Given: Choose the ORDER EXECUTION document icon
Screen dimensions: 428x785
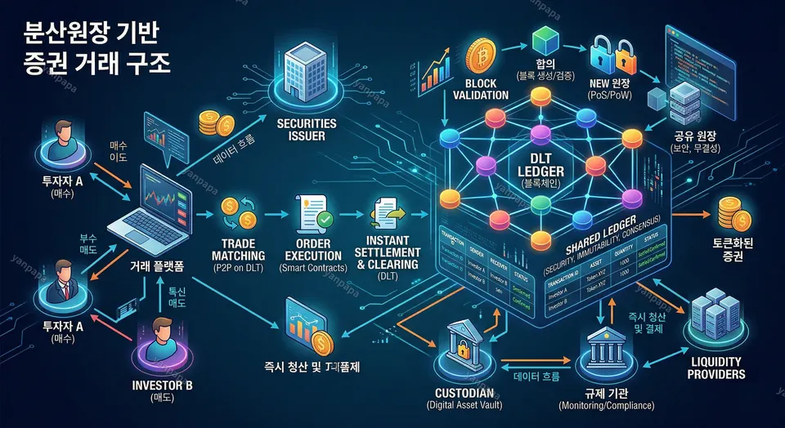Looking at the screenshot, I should (312, 210).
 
